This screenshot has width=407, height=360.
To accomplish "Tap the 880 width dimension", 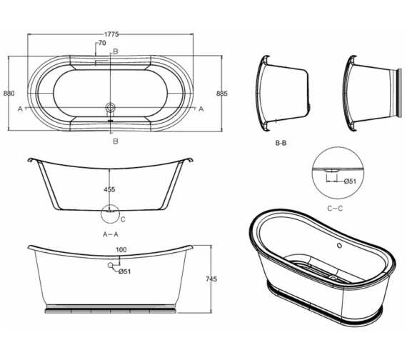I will coord(9,94).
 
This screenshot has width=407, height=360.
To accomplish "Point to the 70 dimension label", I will coord(102,44).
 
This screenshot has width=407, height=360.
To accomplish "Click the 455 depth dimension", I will coord(109,190).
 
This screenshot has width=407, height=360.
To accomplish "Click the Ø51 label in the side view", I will coord(124,271).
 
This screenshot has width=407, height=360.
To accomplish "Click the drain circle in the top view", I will coord(110,108).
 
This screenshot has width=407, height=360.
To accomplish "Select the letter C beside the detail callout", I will coord(123,219).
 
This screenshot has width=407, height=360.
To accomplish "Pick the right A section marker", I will coord(202,109).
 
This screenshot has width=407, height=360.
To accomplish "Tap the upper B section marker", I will coord(116,51).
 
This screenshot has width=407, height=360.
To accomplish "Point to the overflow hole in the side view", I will coord(110,266).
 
